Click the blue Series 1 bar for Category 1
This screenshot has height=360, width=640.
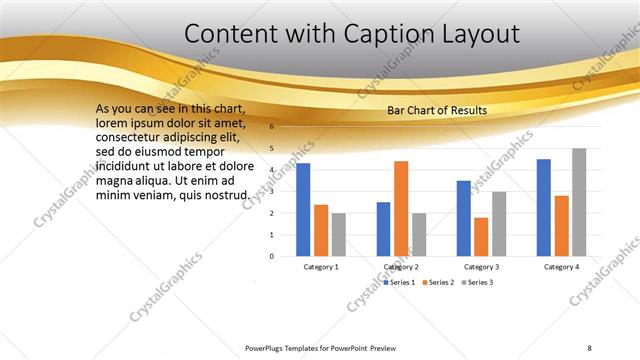click(303, 209)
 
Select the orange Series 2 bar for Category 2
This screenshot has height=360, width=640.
click(401, 208)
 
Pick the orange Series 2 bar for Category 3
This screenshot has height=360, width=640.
click(481, 236)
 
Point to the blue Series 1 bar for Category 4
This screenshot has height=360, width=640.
click(544, 207)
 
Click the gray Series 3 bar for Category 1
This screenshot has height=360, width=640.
click(339, 234)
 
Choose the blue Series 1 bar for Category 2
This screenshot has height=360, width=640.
click(383, 228)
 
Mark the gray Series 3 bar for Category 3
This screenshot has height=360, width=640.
click(499, 223)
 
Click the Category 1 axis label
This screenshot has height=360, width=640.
click(321, 267)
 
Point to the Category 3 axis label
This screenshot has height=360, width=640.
click(481, 267)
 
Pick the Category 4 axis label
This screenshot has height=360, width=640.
click(561, 267)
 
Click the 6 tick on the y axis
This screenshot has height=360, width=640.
click(271, 127)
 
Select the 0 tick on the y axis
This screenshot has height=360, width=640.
click(271, 256)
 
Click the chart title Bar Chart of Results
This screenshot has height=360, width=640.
click(436, 110)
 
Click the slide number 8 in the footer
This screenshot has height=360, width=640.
click(589, 347)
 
